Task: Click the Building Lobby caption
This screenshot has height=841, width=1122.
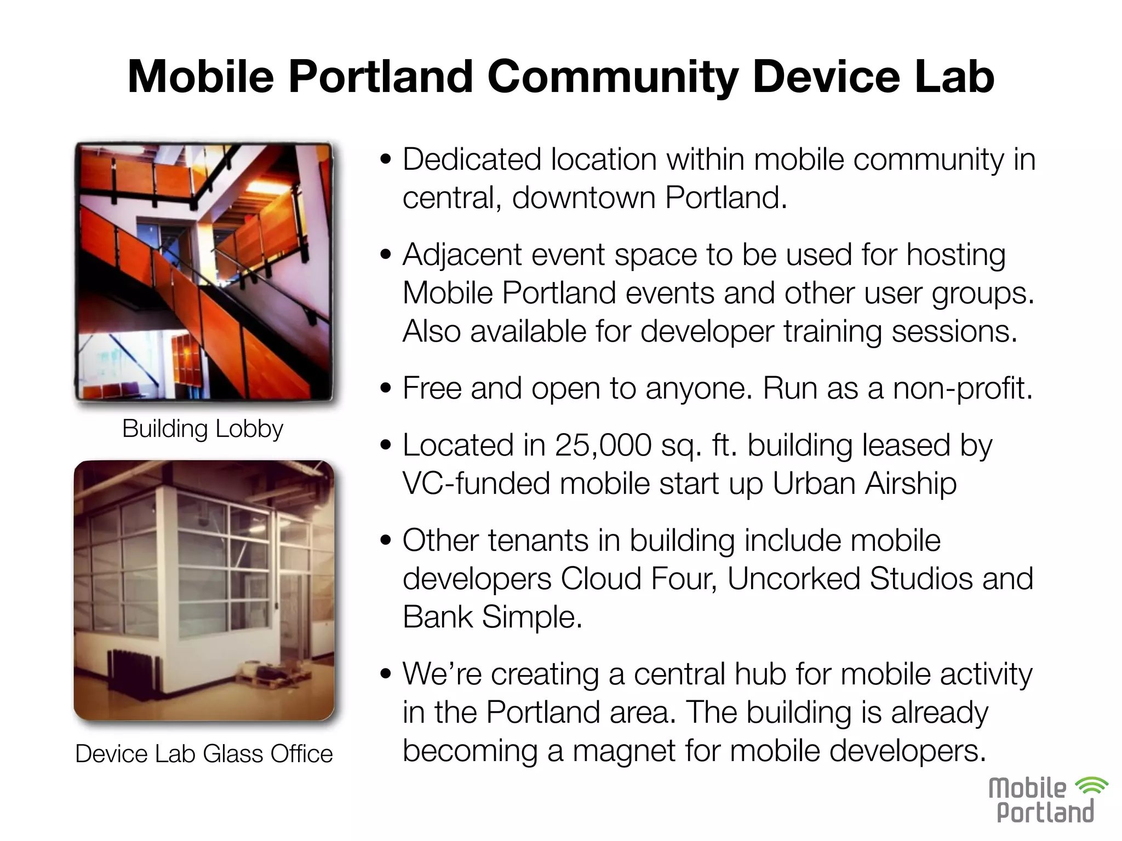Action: tap(203, 428)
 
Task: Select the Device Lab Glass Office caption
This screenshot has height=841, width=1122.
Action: tap(204, 753)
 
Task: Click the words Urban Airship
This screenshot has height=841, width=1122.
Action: tap(864, 483)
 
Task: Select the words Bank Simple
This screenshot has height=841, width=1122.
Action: tap(491, 617)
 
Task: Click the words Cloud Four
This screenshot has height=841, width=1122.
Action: tap(638, 579)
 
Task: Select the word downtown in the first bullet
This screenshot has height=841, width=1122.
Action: tap(583, 198)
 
